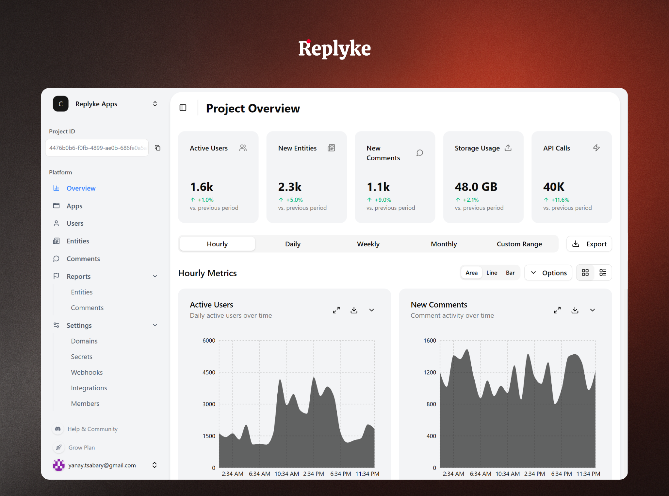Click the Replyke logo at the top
tap(334, 49)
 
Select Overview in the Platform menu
tap(81, 188)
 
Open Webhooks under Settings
tap(87, 372)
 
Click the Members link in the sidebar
tap(85, 404)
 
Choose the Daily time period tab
tap(292, 244)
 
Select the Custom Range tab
tap(519, 244)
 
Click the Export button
tap(589, 244)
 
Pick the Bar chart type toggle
tap(510, 273)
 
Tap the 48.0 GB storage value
tap(476, 187)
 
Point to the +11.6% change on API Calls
tap(560, 200)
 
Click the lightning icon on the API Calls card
tap(596, 148)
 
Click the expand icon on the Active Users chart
tap(336, 310)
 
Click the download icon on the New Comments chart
tap(575, 310)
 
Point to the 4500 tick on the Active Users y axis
tap(209, 372)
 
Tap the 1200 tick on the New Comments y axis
tap(430, 372)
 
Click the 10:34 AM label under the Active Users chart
tap(286, 474)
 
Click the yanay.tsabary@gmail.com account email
tap(102, 465)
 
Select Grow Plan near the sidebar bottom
tap(81, 448)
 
